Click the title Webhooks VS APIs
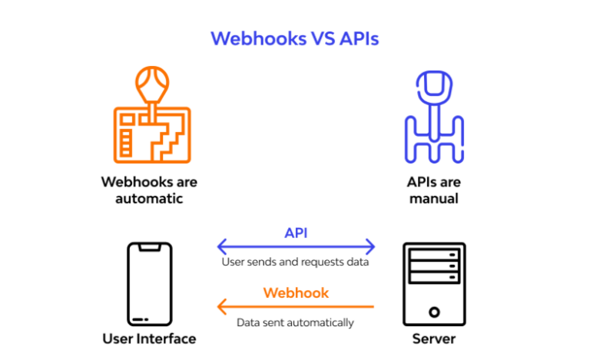(x=295, y=38)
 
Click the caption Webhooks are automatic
(x=149, y=190)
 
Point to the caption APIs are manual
(x=433, y=190)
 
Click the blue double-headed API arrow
(x=296, y=247)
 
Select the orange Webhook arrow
(x=296, y=307)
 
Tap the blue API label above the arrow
(x=296, y=233)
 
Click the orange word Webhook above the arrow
(x=296, y=292)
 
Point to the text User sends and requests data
(x=296, y=263)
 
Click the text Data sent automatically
(x=296, y=322)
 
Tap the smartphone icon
(x=149, y=283)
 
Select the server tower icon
(x=434, y=283)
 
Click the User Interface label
(x=149, y=339)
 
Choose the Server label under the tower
(x=434, y=339)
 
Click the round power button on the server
(x=434, y=312)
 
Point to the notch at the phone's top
(x=149, y=247)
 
